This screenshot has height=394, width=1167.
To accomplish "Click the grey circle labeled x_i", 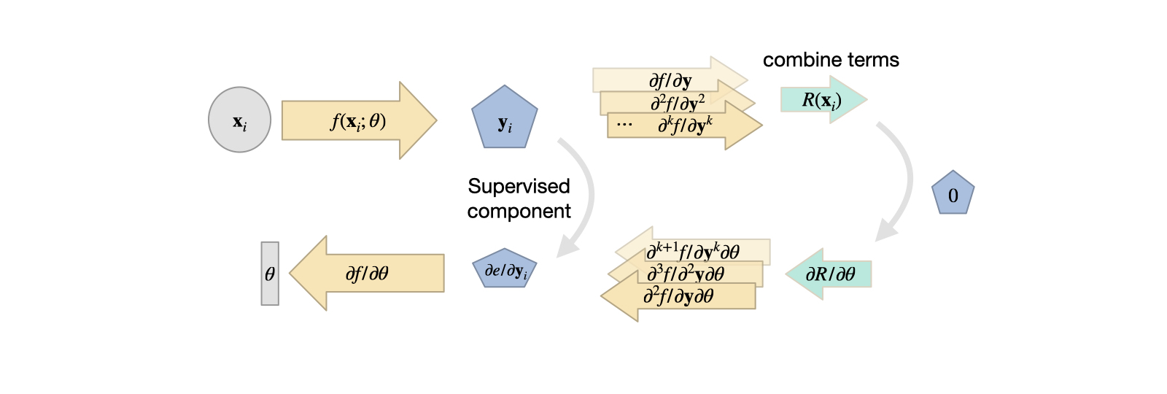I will click(x=239, y=120).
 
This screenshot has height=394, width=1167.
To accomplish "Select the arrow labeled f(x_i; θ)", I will click(x=358, y=121).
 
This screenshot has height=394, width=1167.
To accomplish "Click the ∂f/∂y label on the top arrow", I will click(x=670, y=80).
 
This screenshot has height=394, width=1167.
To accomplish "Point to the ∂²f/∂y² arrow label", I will click(x=678, y=103).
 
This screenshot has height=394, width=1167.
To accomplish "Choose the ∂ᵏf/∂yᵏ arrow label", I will click(x=685, y=125).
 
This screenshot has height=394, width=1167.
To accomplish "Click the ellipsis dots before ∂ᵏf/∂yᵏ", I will click(x=624, y=125).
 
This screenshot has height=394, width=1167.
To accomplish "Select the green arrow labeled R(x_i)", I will click(x=823, y=100).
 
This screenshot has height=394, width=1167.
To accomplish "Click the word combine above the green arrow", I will click(x=797, y=60).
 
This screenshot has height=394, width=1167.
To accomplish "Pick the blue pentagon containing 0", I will click(x=953, y=194).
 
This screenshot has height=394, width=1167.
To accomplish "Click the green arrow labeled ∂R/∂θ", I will click(x=829, y=274).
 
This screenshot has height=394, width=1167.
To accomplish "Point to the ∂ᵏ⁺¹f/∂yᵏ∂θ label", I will click(x=693, y=252).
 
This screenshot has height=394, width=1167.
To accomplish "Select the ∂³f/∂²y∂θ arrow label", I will click(x=686, y=274).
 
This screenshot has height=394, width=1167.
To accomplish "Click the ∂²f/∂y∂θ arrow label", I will click(x=678, y=296).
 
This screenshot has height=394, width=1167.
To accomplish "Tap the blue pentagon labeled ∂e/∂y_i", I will click(x=505, y=271).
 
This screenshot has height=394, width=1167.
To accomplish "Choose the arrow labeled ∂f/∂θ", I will click(x=367, y=274).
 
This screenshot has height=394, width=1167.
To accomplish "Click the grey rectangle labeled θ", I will click(x=270, y=274).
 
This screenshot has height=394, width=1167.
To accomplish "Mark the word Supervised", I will click(x=519, y=186).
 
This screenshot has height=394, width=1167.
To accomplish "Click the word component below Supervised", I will click(x=519, y=212).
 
